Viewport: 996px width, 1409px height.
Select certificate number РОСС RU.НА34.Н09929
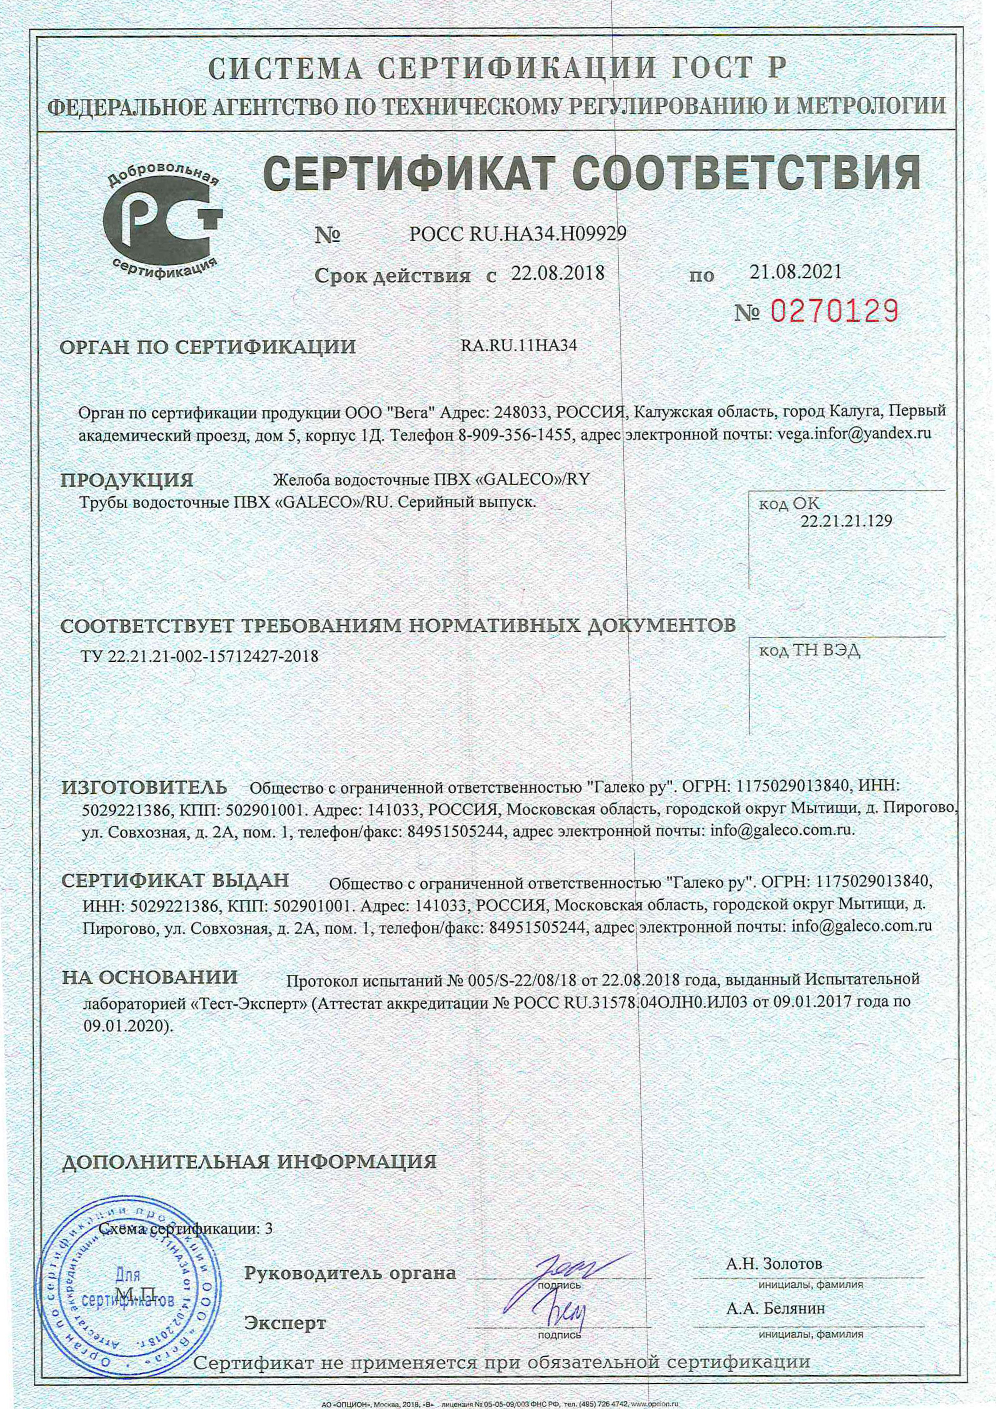pyautogui.click(x=517, y=233)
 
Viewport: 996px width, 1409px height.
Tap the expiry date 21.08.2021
pyautogui.click(x=795, y=271)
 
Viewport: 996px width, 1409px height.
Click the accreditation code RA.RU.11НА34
pyautogui.click(x=518, y=345)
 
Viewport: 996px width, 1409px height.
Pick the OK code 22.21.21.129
pyautogui.click(x=846, y=521)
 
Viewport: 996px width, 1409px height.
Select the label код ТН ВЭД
pyautogui.click(x=809, y=651)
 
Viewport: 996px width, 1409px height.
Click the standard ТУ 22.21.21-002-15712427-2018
pyautogui.click(x=200, y=656)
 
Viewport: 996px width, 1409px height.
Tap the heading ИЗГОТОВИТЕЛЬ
pyautogui.click(x=145, y=787)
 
